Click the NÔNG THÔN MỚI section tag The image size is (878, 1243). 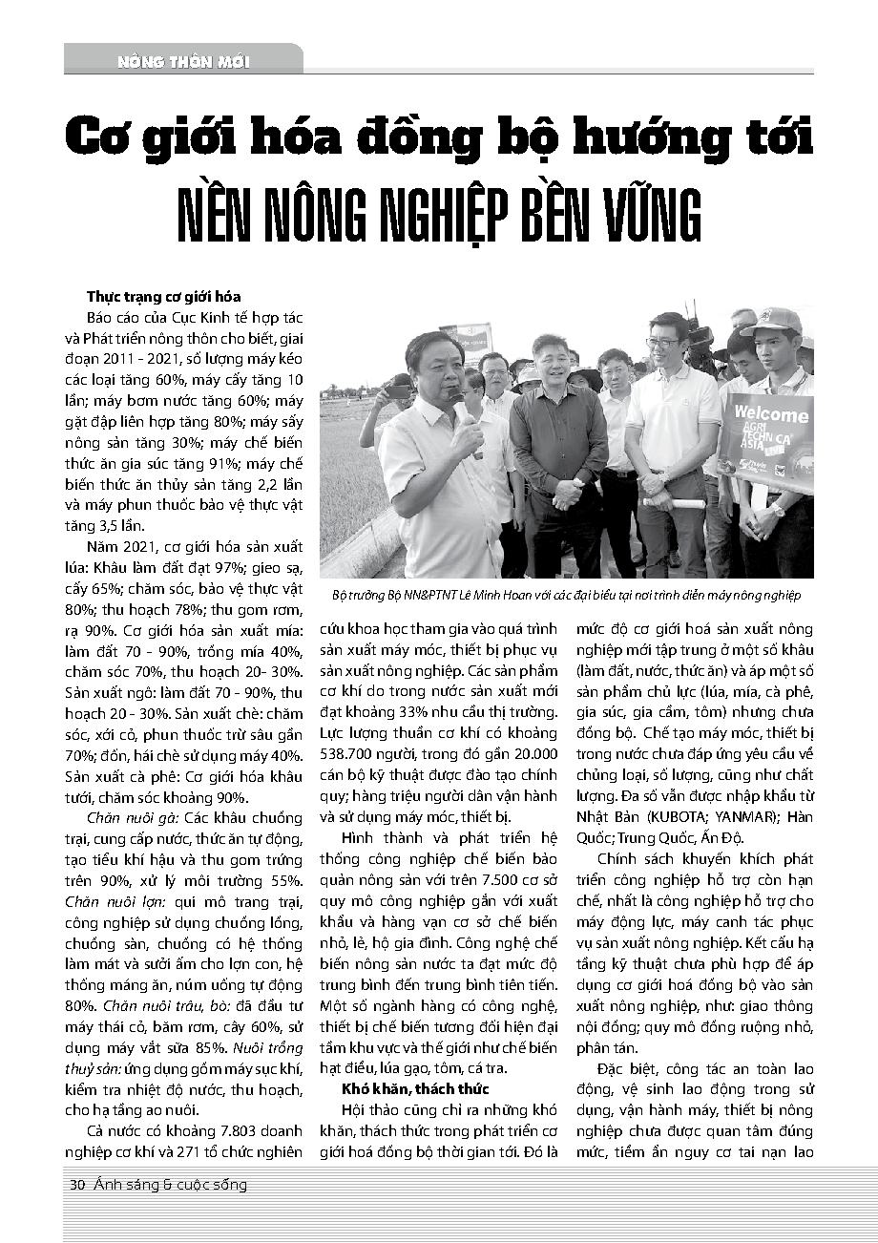pos(183,62)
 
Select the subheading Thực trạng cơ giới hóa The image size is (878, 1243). pos(164,296)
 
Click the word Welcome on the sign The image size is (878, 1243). pos(772,415)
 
